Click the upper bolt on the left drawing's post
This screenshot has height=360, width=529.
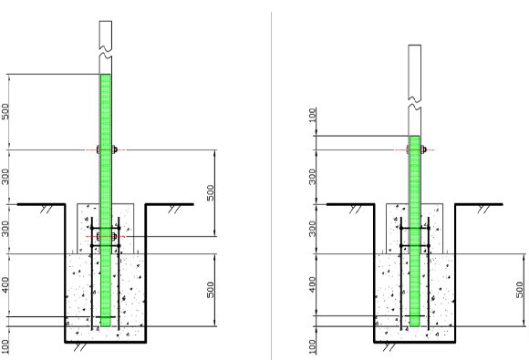106,149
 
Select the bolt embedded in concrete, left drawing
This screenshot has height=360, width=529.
107,236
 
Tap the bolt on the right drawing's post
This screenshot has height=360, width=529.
415,149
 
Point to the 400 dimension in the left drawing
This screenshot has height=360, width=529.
5,285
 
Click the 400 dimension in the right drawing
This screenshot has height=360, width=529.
313,285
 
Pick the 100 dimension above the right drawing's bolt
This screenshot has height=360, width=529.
313,115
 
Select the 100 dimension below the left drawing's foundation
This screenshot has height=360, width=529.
5,347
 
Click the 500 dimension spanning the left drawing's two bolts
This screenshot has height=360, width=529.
210,193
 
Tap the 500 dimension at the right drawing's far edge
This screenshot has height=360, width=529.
520,290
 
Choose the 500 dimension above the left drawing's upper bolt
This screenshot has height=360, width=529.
5,111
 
